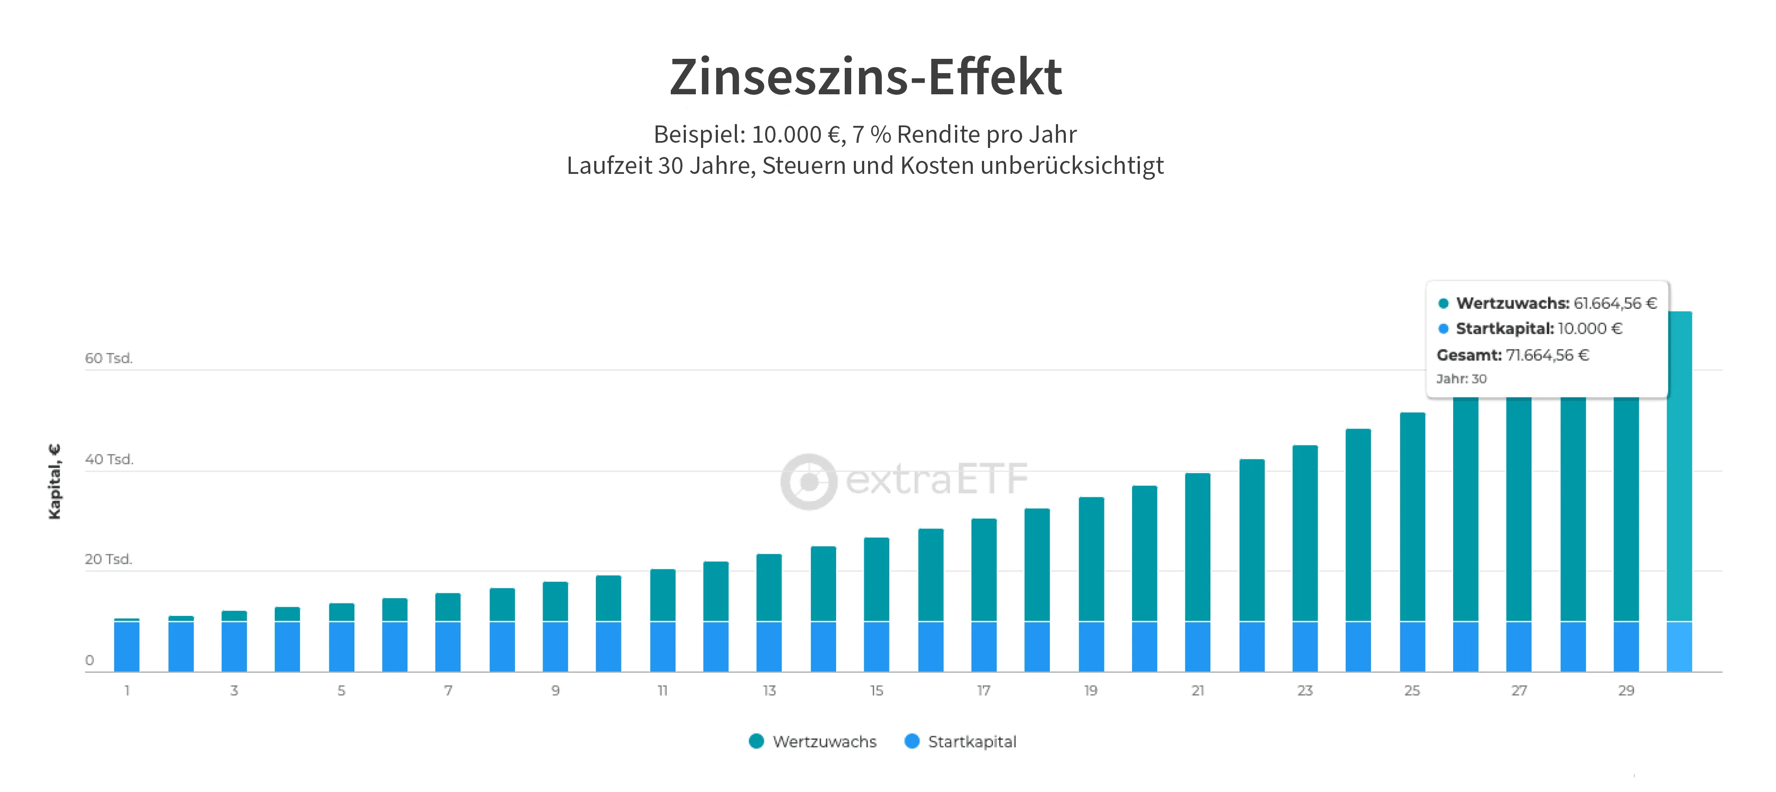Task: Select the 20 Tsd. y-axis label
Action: click(108, 559)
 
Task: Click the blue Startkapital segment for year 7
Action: click(448, 647)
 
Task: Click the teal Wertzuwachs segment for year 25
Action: click(1412, 517)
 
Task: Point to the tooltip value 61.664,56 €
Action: click(1615, 303)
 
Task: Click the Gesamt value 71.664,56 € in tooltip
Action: click(1547, 355)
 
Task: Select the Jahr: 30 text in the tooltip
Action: click(1461, 379)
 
